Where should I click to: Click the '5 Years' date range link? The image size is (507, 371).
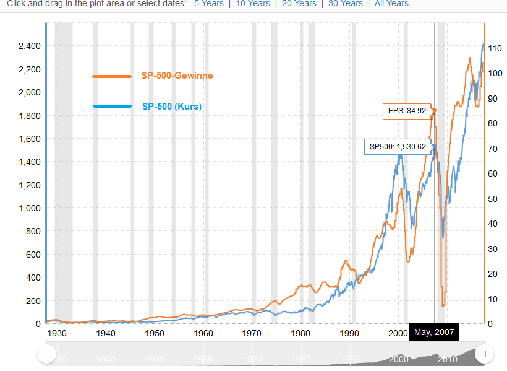(208, 4)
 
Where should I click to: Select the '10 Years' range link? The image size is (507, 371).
(253, 4)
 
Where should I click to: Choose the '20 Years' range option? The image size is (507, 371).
(299, 4)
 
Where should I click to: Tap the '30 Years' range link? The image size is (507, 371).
(346, 4)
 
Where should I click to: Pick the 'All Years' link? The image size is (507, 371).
(391, 4)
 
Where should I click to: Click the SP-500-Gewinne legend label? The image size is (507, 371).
(177, 76)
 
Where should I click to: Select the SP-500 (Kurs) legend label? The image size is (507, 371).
(172, 107)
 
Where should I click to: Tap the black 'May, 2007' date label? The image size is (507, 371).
(434, 333)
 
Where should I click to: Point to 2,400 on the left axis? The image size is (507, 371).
(29, 46)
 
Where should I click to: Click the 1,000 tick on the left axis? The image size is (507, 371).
(29, 208)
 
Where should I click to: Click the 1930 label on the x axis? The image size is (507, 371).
(57, 333)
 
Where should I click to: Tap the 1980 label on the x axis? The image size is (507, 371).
(301, 333)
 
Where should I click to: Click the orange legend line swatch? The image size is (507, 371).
(112, 76)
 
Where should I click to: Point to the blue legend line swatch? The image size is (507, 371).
(112, 107)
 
